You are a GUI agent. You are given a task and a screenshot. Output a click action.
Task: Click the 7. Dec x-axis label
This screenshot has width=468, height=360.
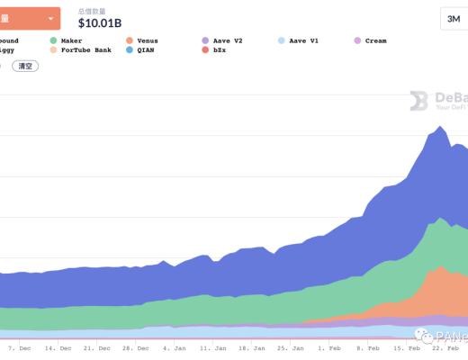[19, 347]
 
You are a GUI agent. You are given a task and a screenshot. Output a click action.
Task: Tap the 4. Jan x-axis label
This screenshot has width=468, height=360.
[175, 347]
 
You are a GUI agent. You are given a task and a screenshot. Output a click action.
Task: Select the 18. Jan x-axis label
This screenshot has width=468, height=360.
[250, 347]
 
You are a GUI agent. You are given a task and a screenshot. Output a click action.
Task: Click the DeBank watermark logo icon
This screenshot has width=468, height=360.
[418, 101]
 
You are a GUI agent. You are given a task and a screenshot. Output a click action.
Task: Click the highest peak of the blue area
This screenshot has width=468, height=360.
[438, 127]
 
